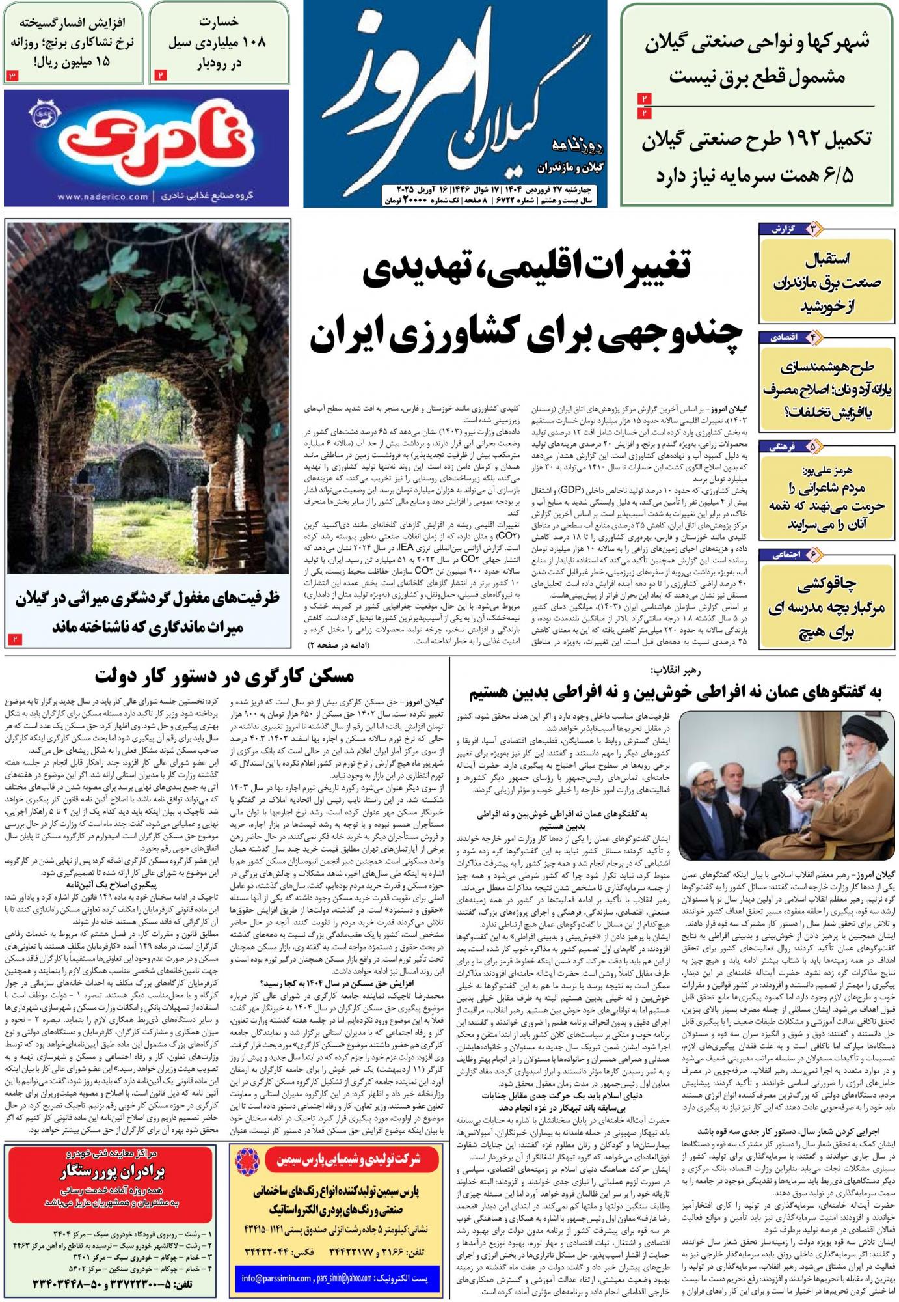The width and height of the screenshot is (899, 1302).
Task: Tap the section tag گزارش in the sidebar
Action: pos(785,230)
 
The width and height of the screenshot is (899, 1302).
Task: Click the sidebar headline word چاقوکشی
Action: pos(827,583)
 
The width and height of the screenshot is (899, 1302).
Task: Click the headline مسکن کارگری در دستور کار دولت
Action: pos(224,677)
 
